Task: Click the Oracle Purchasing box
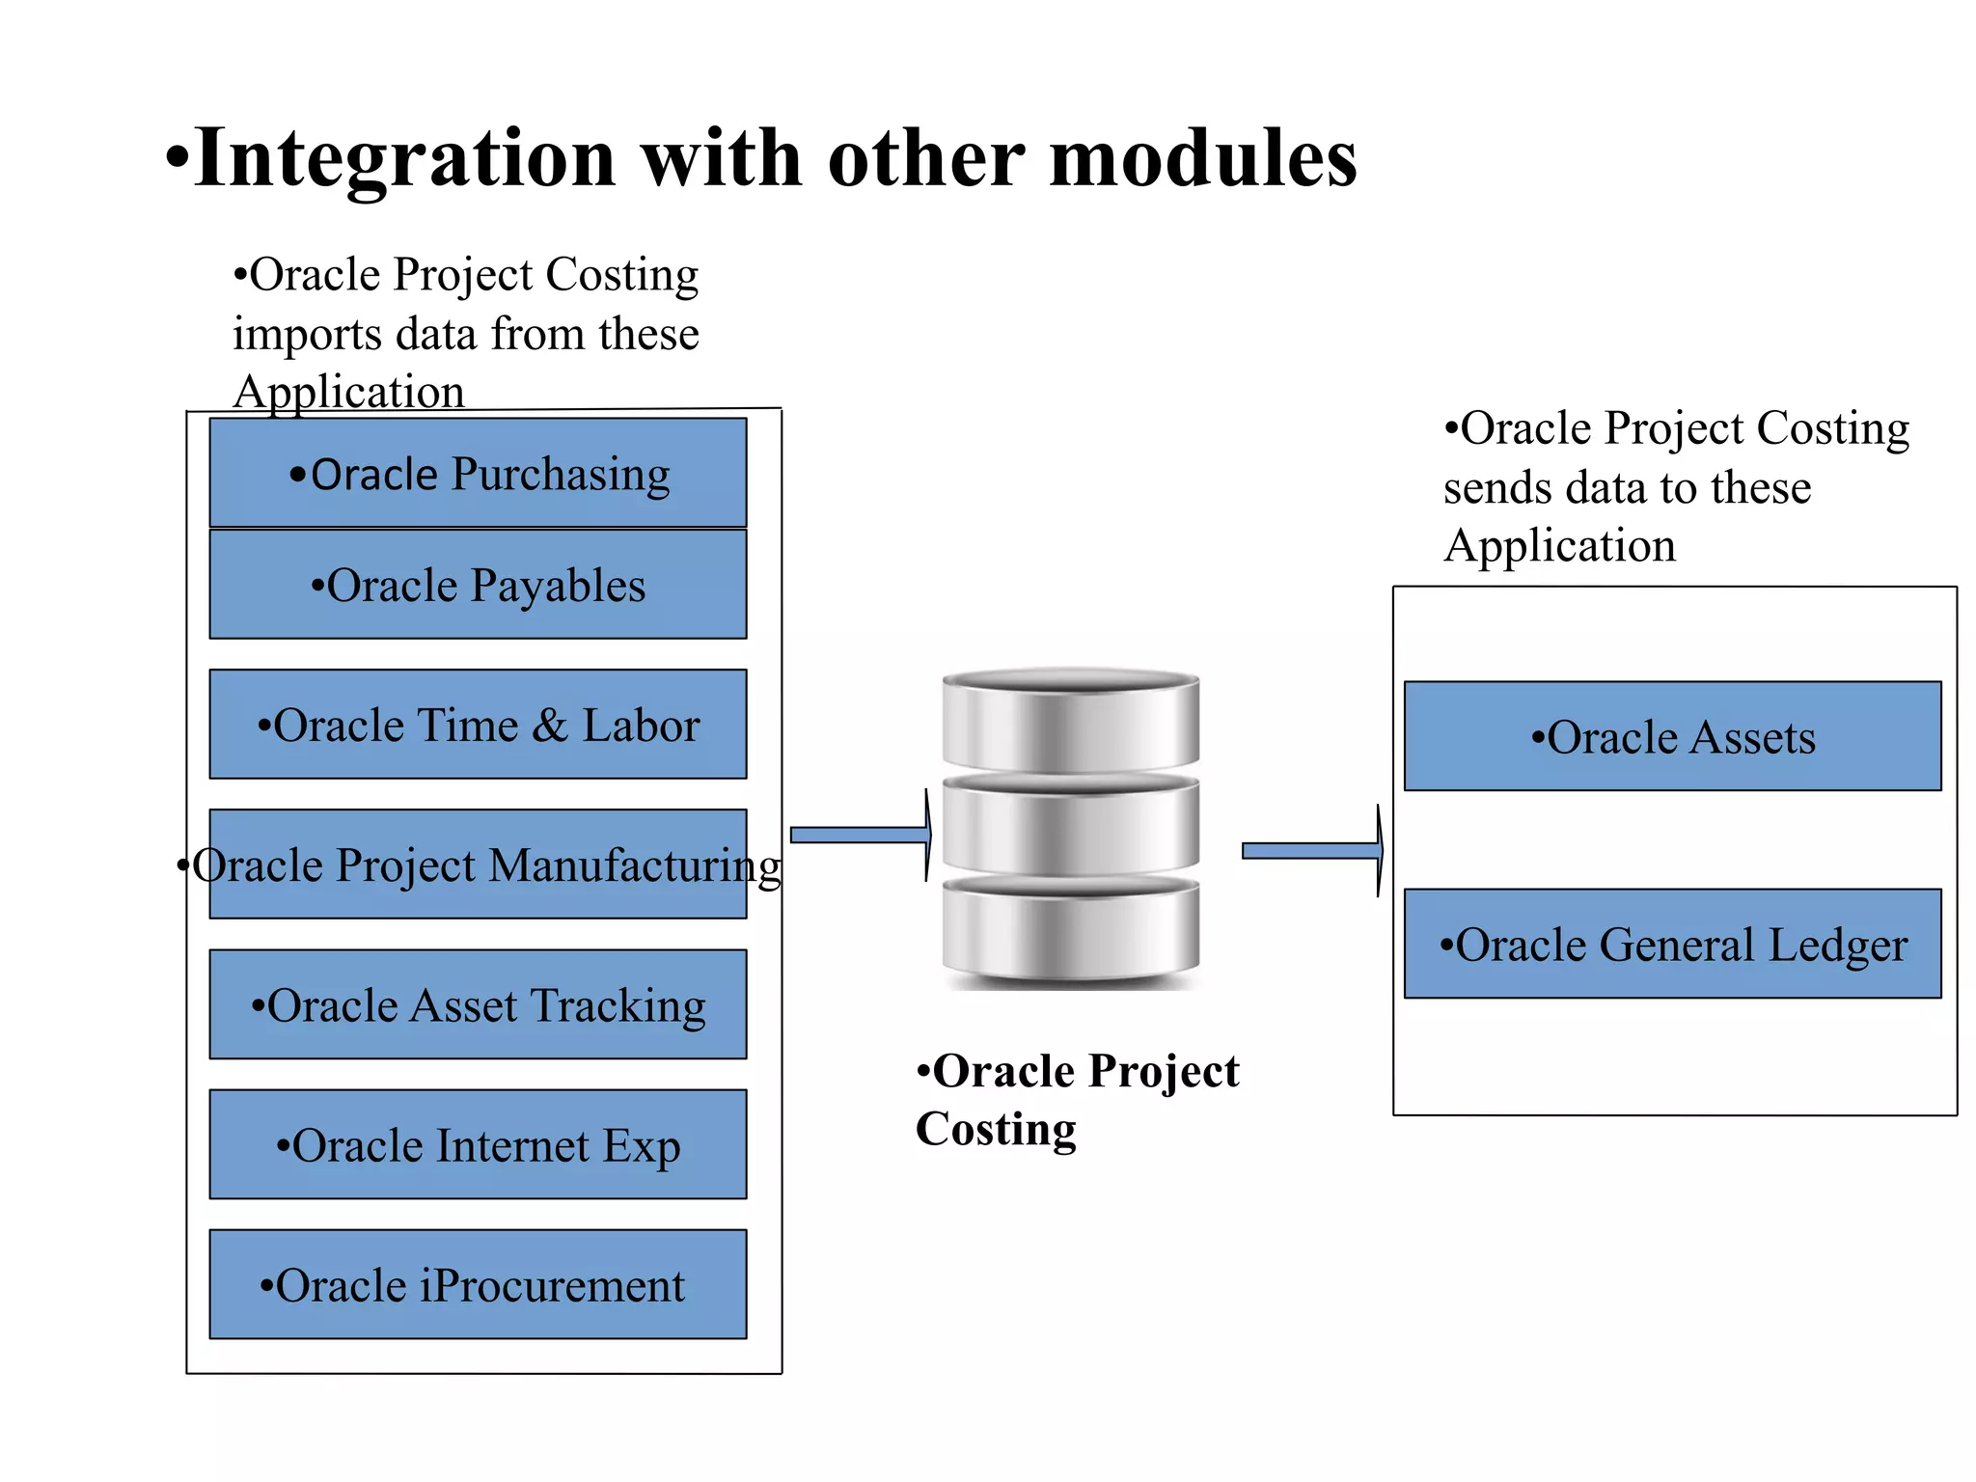478,473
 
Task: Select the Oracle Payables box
478,585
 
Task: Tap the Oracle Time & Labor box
478,725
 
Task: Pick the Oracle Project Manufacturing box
478,864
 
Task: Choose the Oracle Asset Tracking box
478,1004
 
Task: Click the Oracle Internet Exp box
478,1145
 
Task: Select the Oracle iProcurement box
478,1285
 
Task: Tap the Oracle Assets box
1672,737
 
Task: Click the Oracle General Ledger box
1672,944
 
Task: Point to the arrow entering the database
859,836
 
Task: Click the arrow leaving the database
1310,851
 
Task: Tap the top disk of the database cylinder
1070,719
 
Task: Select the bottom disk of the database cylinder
1070,931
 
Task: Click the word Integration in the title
405,159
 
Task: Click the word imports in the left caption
307,335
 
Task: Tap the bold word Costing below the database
996,1129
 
